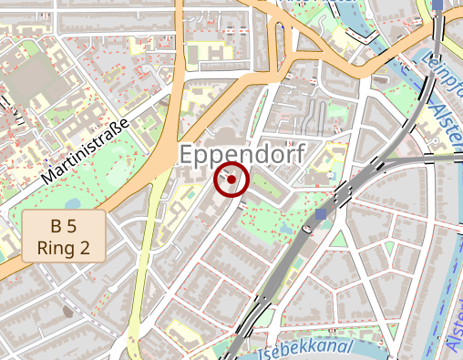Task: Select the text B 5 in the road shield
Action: pos(63,226)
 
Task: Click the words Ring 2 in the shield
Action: pos(63,246)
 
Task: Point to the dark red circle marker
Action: pos(231,180)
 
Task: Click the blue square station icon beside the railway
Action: pos(320,215)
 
